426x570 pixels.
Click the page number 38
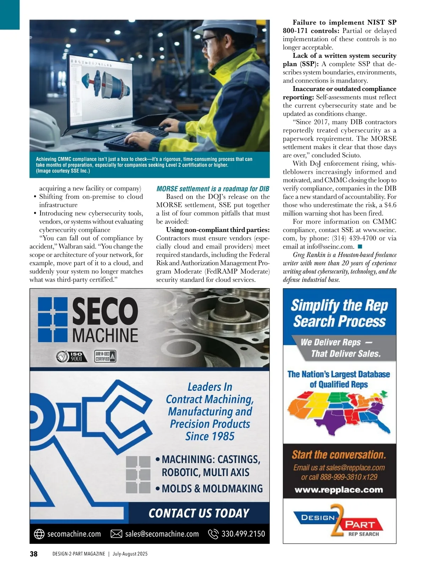pos(34,554)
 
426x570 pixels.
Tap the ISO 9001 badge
pos(70,356)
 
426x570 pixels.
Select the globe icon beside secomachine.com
pos(39,534)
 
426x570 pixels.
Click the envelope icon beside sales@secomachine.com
pos(116,534)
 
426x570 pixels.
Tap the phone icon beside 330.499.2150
pos(213,534)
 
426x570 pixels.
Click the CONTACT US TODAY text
pos(199,513)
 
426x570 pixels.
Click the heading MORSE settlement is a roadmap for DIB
pos(213,189)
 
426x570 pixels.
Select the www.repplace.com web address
pos(339,490)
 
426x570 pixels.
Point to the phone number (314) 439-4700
pos(354,238)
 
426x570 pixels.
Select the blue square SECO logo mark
pos(53,319)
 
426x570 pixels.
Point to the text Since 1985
pos(210,436)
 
